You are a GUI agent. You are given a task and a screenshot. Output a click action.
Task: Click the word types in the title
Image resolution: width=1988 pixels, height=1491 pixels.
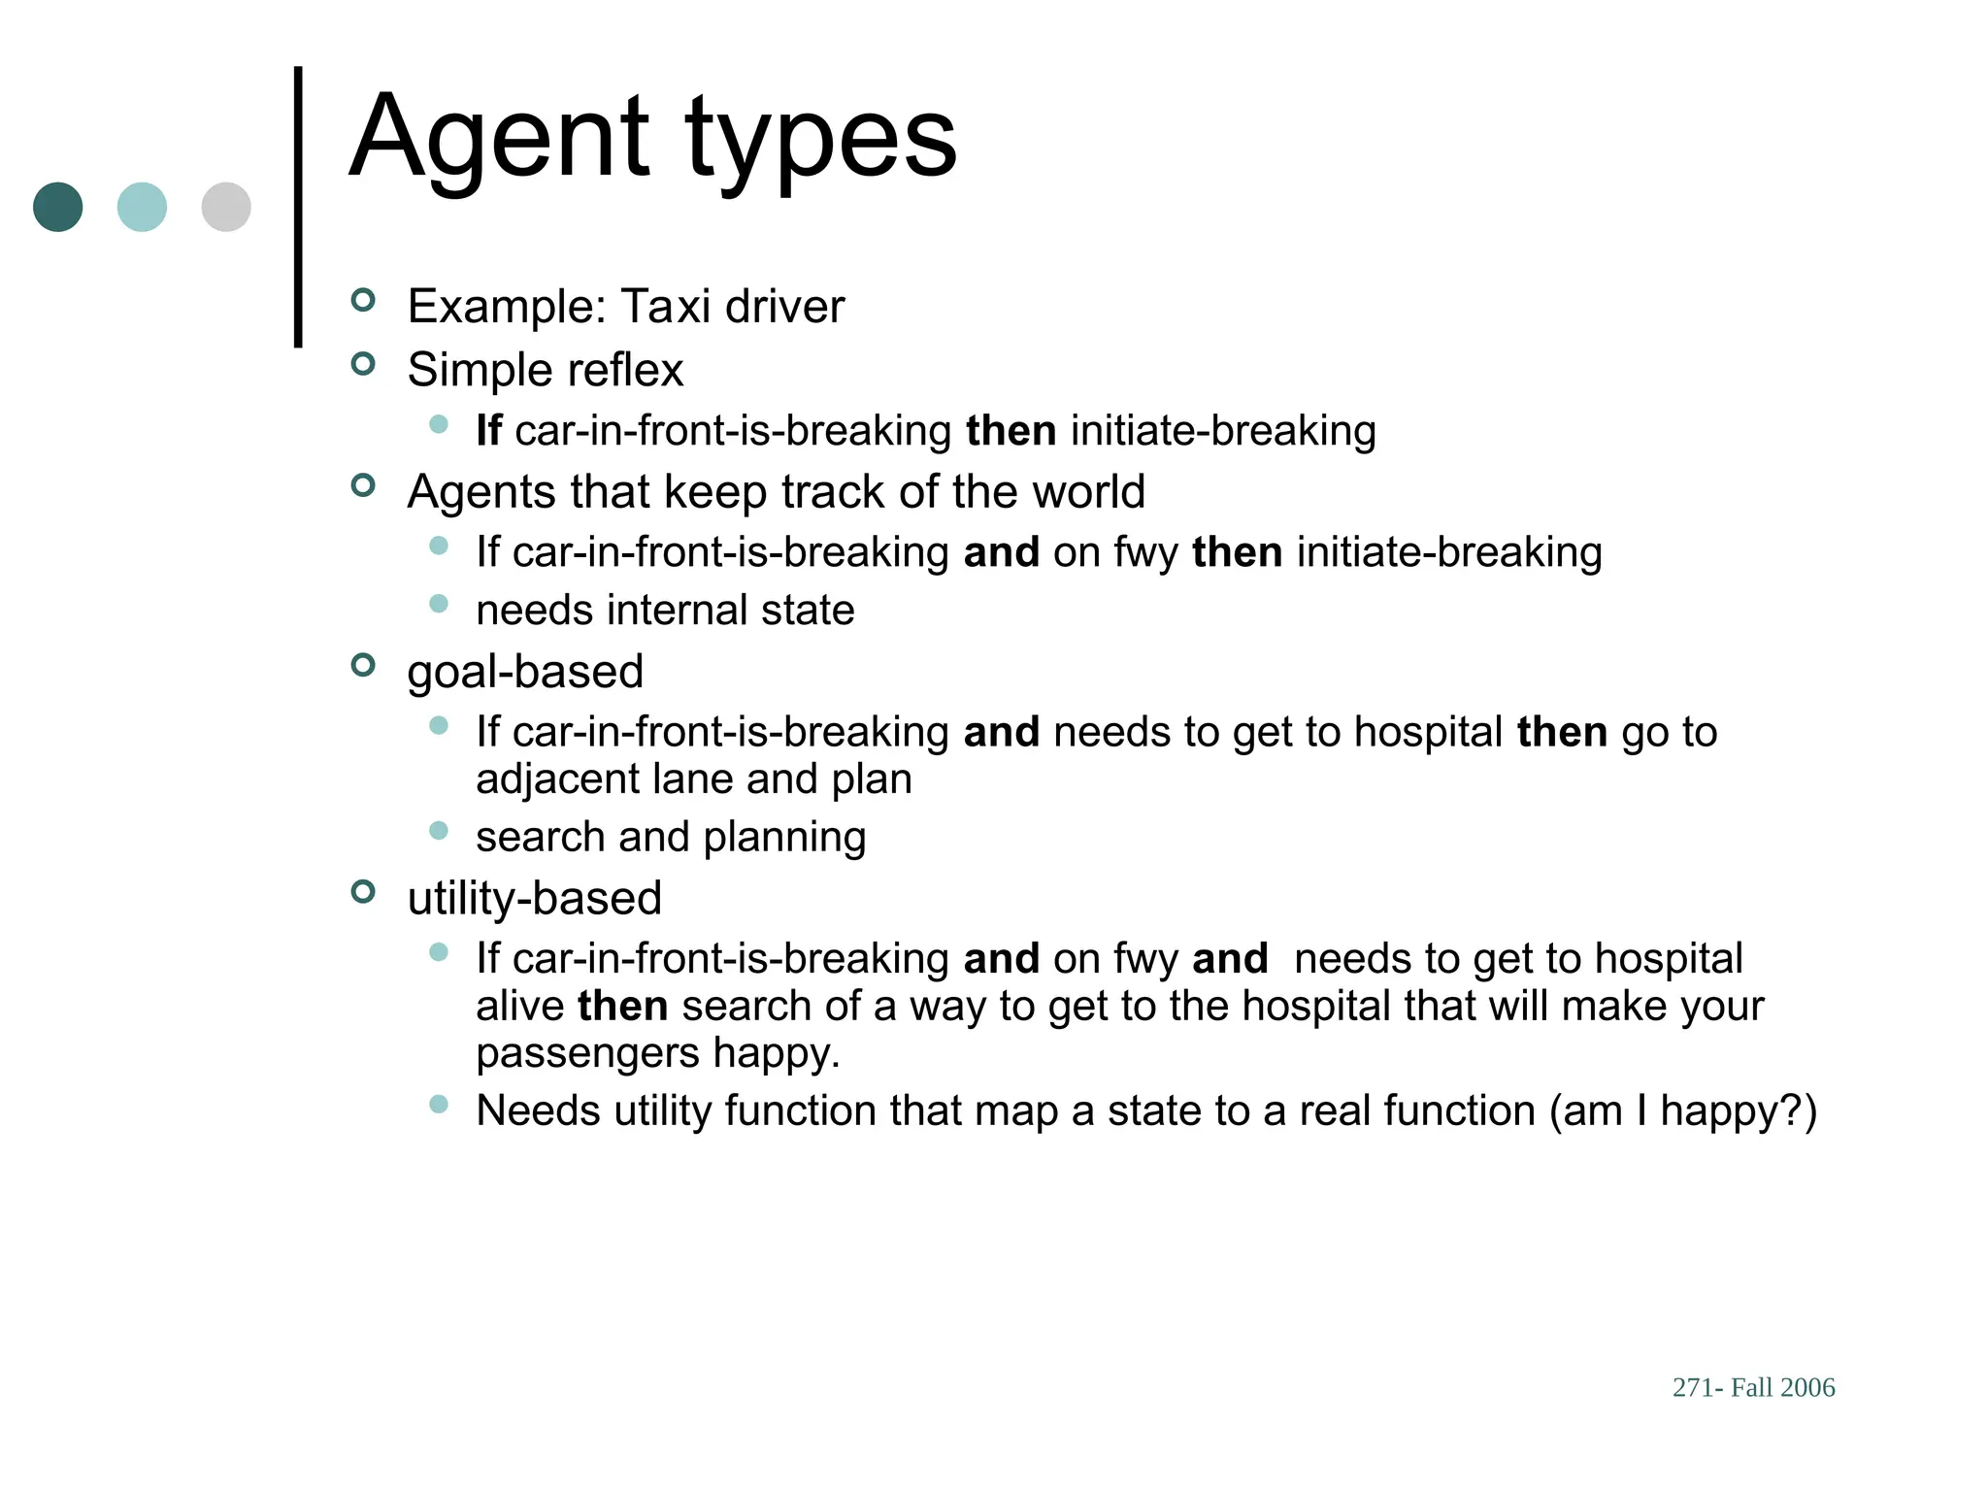click(821, 141)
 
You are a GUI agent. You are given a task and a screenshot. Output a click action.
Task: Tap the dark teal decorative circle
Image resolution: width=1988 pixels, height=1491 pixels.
click(58, 207)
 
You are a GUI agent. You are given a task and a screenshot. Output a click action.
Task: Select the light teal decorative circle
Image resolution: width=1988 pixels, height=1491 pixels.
click(142, 207)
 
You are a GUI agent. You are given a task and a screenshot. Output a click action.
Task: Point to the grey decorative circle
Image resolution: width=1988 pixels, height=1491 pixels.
click(226, 207)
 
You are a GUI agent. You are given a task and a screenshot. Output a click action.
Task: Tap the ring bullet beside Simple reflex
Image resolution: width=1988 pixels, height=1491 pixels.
click(363, 364)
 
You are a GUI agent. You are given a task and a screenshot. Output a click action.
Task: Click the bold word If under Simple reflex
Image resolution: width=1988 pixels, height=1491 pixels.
click(488, 430)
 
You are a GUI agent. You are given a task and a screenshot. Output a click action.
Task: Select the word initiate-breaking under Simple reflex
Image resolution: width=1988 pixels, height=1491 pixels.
click(1223, 430)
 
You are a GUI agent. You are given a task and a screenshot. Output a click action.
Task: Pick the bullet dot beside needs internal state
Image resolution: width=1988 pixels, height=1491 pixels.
click(439, 604)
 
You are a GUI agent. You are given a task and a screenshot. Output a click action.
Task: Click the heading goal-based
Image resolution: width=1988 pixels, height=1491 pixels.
click(525, 672)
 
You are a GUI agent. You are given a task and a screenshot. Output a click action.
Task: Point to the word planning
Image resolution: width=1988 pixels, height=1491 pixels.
click(784, 838)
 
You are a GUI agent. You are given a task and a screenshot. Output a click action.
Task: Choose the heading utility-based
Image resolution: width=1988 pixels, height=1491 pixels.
click(535, 898)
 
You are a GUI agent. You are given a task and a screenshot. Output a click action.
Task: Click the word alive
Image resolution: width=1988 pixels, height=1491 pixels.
click(519, 1006)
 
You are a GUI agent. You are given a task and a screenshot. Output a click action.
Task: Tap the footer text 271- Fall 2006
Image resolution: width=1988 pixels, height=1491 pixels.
click(1753, 1387)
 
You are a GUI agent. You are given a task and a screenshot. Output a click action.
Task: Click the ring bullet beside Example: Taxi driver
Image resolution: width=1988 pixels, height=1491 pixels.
click(363, 300)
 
